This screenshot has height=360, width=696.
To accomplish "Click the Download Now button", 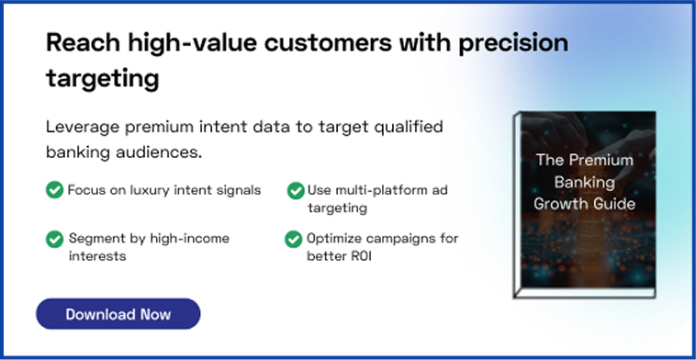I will (x=118, y=314).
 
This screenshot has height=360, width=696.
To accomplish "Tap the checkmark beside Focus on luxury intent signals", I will (x=55, y=190).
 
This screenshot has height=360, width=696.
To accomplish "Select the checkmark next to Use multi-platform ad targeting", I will (x=296, y=191).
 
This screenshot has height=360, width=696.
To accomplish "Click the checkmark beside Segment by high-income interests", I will (x=55, y=239).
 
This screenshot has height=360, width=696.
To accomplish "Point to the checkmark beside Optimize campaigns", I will (x=294, y=239).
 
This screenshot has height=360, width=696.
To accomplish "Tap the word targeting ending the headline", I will (x=102, y=79).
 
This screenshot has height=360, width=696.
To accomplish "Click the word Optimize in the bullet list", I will (x=335, y=239).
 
